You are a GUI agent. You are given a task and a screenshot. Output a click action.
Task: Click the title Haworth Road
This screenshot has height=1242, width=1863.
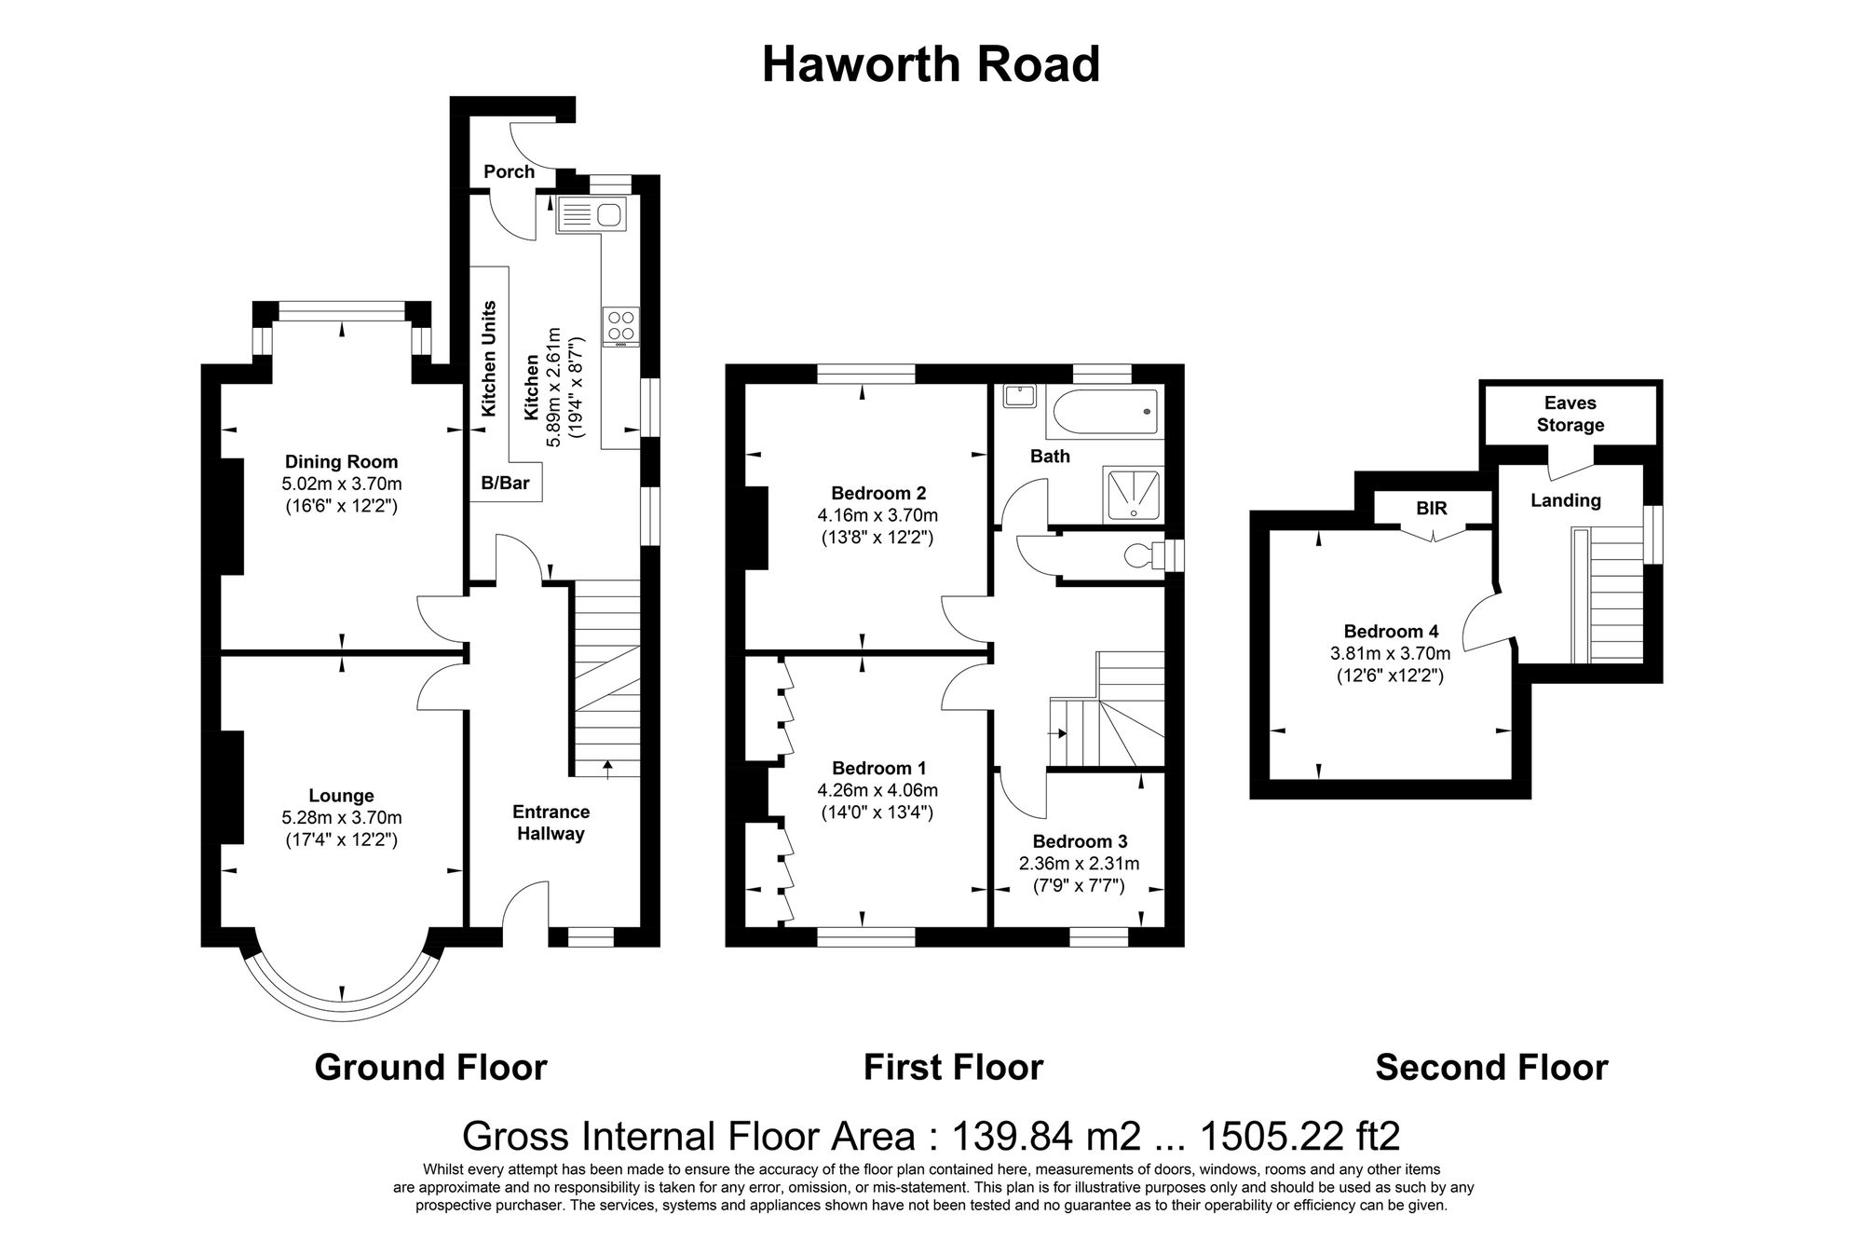931,65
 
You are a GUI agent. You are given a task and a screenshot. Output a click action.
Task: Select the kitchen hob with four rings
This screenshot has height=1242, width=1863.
621,327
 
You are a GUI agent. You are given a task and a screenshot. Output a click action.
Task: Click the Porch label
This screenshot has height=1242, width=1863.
509,171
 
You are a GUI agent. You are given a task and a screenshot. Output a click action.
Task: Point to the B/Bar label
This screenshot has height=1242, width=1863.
505,483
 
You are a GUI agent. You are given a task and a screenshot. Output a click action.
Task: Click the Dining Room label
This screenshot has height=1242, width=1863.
341,462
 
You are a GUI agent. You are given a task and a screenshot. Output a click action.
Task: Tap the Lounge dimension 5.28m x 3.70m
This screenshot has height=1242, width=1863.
341,818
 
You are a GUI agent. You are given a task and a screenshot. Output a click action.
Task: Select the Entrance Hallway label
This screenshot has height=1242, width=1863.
551,823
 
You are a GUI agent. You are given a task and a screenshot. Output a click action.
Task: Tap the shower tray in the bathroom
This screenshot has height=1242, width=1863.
1133,493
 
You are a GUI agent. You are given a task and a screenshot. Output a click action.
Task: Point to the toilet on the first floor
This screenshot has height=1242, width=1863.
1145,555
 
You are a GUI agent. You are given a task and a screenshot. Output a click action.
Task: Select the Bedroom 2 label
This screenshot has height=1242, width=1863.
878,493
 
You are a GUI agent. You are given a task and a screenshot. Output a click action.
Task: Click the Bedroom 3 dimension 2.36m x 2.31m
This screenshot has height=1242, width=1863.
1079,864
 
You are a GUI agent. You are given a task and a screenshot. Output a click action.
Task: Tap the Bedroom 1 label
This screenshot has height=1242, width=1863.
878,769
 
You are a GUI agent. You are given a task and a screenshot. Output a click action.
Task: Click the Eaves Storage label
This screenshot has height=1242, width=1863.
1570,415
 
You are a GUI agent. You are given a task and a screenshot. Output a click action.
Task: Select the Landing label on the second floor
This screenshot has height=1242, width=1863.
1565,500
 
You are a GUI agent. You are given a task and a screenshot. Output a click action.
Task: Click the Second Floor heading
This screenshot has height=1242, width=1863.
1491,1067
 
